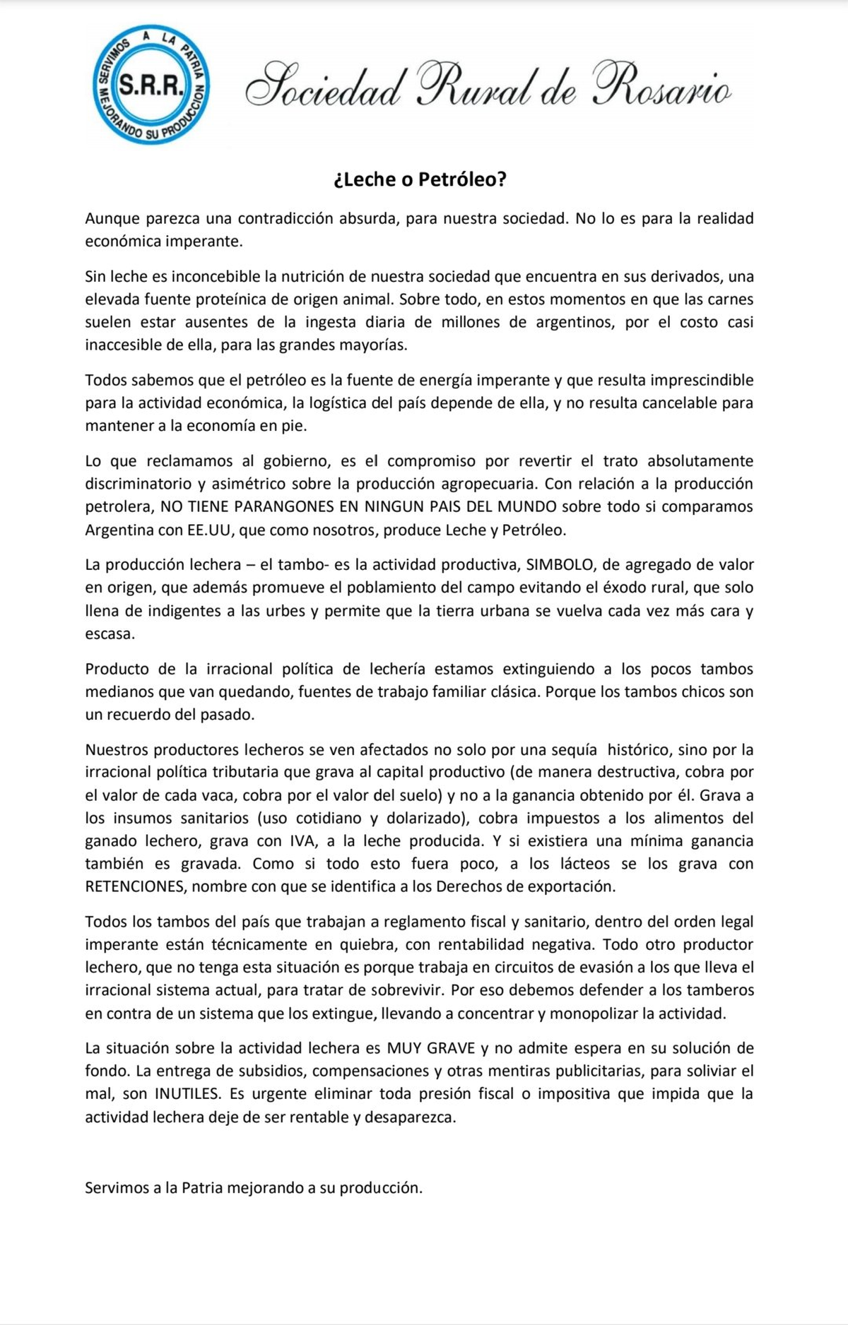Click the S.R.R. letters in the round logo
coord(151,86)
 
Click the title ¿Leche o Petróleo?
coord(420,179)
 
